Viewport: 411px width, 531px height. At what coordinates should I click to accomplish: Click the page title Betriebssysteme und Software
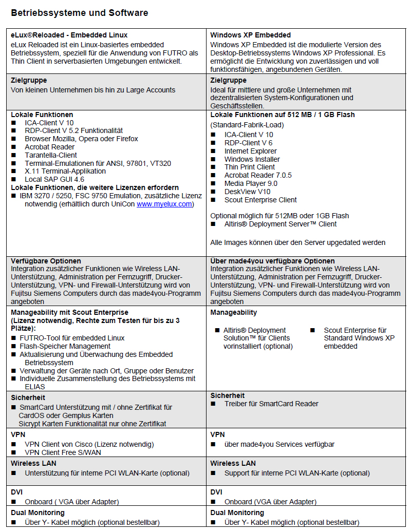[x=80, y=13]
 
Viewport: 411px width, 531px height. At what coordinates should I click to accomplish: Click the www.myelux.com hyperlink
[x=164, y=204]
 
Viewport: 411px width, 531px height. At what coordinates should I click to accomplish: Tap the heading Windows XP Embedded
[x=250, y=35]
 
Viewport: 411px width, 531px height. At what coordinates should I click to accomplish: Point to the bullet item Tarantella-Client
[x=51, y=155]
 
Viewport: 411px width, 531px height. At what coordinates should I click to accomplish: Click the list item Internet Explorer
[x=250, y=151]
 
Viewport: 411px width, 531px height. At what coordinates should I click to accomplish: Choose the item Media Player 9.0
[x=251, y=183]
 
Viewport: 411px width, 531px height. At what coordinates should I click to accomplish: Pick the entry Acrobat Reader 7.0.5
[x=258, y=175]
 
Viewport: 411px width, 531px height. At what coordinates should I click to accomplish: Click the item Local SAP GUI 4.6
[x=54, y=179]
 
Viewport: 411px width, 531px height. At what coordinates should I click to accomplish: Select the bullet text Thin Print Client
[x=250, y=167]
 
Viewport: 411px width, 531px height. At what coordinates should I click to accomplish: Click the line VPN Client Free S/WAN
[x=63, y=452]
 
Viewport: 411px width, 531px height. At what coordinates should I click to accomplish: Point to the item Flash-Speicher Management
[x=65, y=346]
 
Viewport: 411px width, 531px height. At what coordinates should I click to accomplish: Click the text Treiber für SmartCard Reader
[x=271, y=404]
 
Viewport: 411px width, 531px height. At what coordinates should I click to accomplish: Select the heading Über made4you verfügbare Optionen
[x=272, y=261]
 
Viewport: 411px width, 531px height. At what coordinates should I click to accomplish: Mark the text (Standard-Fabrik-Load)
[x=247, y=125]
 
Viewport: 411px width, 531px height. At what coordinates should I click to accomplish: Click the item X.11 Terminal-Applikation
[x=65, y=171]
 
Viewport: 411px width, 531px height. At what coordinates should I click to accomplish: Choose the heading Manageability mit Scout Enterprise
[x=69, y=312]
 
